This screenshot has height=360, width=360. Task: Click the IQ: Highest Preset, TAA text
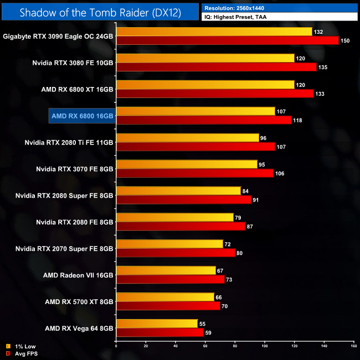(244, 18)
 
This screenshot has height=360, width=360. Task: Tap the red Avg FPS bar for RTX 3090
(227, 40)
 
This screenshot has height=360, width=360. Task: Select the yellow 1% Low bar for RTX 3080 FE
(205, 58)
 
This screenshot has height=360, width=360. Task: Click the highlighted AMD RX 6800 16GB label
(82, 116)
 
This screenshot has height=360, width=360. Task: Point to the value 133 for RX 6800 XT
(321, 94)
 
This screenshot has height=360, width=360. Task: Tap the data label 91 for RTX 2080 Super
(258, 200)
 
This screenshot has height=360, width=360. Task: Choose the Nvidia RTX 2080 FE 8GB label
(74, 222)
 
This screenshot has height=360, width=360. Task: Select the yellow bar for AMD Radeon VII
(166, 270)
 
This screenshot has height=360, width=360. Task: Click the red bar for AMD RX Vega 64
(160, 333)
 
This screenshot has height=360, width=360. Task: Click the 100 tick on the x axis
(265, 348)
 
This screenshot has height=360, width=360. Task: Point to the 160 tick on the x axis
(353, 348)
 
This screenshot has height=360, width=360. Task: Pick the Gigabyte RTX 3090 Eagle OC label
(58, 37)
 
